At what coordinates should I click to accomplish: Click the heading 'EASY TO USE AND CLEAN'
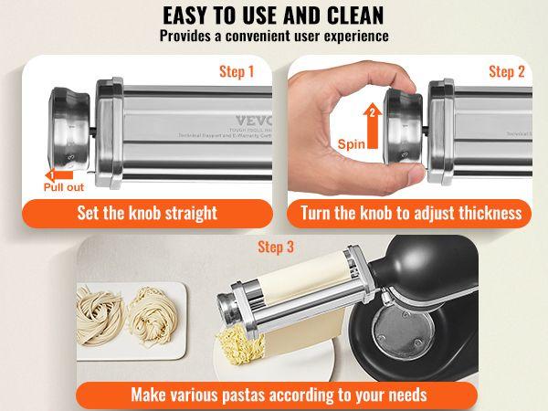click(x=274, y=16)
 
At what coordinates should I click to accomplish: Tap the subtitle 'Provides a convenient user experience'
click(x=274, y=37)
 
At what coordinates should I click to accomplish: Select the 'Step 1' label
click(x=237, y=71)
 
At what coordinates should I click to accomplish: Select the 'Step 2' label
click(x=507, y=71)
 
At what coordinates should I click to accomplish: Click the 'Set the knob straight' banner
click(x=147, y=213)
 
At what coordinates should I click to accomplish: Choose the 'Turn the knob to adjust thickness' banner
click(x=411, y=213)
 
